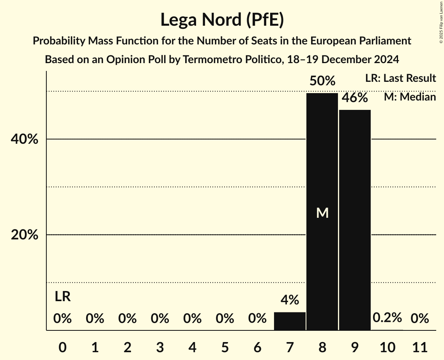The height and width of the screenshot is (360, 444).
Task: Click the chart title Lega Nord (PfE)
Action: click(x=222, y=19)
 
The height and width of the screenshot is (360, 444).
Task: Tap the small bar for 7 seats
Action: click(x=290, y=321)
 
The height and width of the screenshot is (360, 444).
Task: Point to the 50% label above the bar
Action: click(x=322, y=81)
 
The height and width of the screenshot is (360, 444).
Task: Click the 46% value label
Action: click(x=355, y=98)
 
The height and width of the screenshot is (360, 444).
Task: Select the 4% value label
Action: click(x=290, y=300)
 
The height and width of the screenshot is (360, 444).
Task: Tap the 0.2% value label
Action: click(x=387, y=318)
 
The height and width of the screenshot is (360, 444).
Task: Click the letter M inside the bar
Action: click(x=322, y=213)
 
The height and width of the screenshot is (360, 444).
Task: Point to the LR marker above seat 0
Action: click(x=62, y=297)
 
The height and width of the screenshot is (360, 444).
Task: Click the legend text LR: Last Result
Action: click(x=400, y=78)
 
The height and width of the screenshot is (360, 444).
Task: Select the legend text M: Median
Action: click(x=410, y=97)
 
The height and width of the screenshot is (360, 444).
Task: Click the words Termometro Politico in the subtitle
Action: click(x=228, y=60)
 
